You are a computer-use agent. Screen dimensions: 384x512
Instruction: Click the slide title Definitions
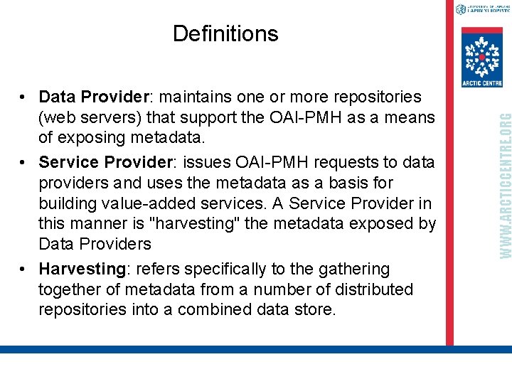tap(225, 33)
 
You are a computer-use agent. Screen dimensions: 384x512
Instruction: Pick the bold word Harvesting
tap(82, 269)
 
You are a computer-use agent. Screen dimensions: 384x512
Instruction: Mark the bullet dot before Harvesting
tap(23, 270)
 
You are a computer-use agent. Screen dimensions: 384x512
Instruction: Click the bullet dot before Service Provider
tap(23, 163)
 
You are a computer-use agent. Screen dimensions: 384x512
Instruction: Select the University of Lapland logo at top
tap(481, 9)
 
